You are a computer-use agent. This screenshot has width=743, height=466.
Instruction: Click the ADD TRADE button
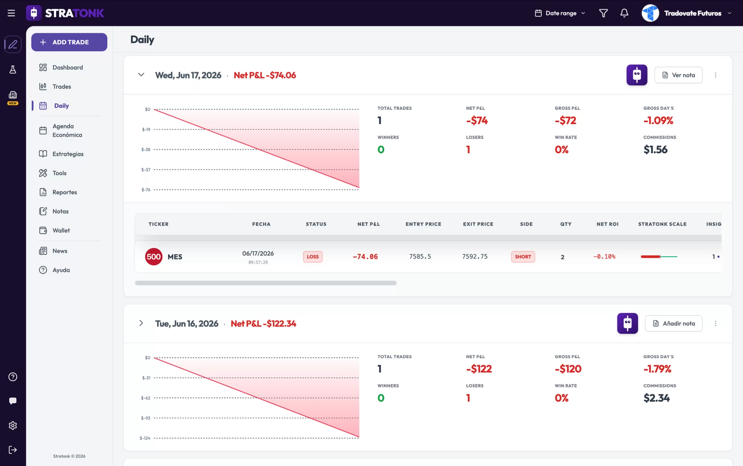[x=69, y=42]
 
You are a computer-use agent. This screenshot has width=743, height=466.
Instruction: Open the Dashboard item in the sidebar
[x=61, y=67]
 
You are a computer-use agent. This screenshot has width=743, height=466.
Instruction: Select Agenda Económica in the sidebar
[x=61, y=130]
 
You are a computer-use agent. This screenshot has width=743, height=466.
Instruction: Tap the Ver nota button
[x=678, y=75]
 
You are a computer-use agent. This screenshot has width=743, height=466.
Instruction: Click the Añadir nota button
[x=674, y=324]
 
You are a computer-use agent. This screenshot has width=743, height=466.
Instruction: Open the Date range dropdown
[x=560, y=13]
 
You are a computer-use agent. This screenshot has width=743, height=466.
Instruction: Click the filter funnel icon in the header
[x=603, y=13]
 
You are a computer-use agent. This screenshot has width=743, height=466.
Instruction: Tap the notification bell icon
[x=624, y=13]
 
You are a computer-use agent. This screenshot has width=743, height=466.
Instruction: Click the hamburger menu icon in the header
[x=11, y=13]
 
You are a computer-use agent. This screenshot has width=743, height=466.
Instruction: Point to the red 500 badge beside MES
[x=154, y=257]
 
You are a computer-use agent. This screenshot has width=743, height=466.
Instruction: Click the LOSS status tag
[x=313, y=257]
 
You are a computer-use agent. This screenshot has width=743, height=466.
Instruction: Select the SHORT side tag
[x=523, y=257]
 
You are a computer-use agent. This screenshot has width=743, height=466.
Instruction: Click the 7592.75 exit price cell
[x=475, y=257]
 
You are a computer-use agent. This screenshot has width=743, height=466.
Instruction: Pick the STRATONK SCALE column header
[x=662, y=224]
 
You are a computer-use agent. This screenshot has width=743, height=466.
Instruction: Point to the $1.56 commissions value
[x=656, y=150]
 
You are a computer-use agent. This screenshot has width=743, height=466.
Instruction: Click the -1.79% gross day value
[x=657, y=369]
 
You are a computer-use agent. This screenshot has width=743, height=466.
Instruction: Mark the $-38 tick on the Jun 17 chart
[x=146, y=149]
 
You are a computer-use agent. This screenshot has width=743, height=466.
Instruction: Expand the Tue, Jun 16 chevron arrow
[x=141, y=323]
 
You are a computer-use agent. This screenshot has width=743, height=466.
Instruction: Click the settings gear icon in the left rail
[x=13, y=425]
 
